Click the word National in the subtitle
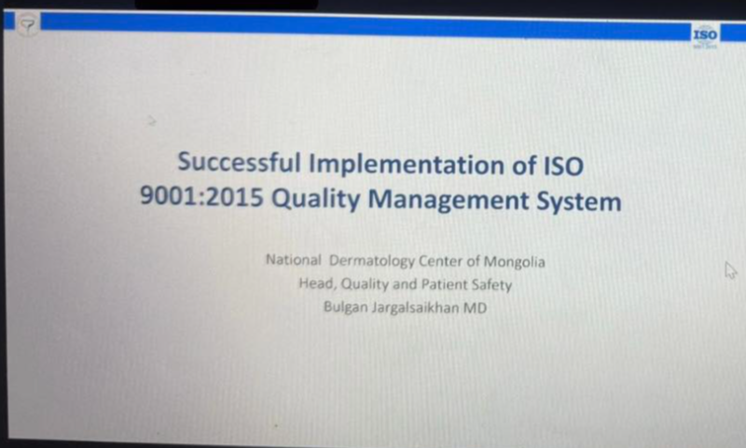pos(294,262)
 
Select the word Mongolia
pos(514,262)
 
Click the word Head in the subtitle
pos(315,285)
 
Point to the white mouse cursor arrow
pos(731,270)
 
